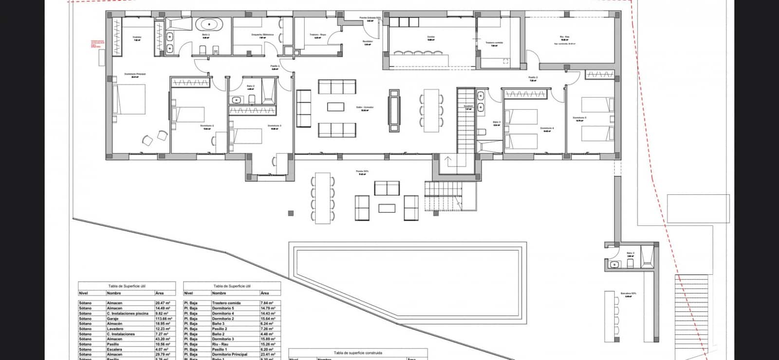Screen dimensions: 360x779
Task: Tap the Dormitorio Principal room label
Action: click(x=135, y=74)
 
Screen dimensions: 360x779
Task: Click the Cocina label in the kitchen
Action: click(x=431, y=37)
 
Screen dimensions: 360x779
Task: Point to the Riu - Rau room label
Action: click(x=565, y=37)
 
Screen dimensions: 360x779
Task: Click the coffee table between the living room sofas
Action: click(x=335, y=106)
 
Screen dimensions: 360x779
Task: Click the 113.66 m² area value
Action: click(x=163, y=319)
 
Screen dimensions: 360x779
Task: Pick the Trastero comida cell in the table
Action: click(x=226, y=303)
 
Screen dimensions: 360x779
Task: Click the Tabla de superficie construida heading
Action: click(x=358, y=353)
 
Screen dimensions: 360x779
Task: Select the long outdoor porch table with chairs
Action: click(x=322, y=198)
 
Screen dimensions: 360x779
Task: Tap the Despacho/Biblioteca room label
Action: click(x=262, y=35)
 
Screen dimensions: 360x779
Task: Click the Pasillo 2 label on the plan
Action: click(x=533, y=77)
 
